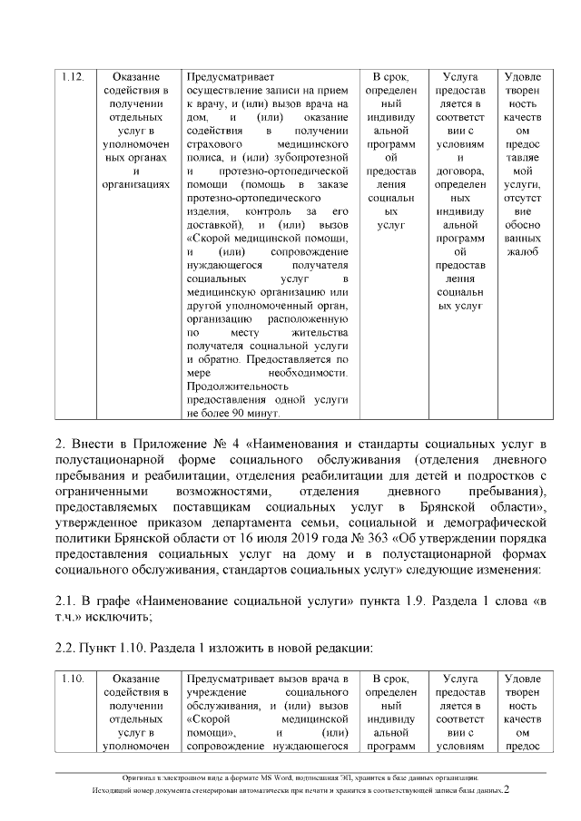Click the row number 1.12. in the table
pyautogui.click(x=73, y=77)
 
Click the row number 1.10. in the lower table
pyautogui.click(x=73, y=679)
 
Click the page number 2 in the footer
pyautogui.click(x=507, y=790)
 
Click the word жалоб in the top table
pyautogui.click(x=522, y=250)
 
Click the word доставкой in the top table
pyautogui.click(x=212, y=223)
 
